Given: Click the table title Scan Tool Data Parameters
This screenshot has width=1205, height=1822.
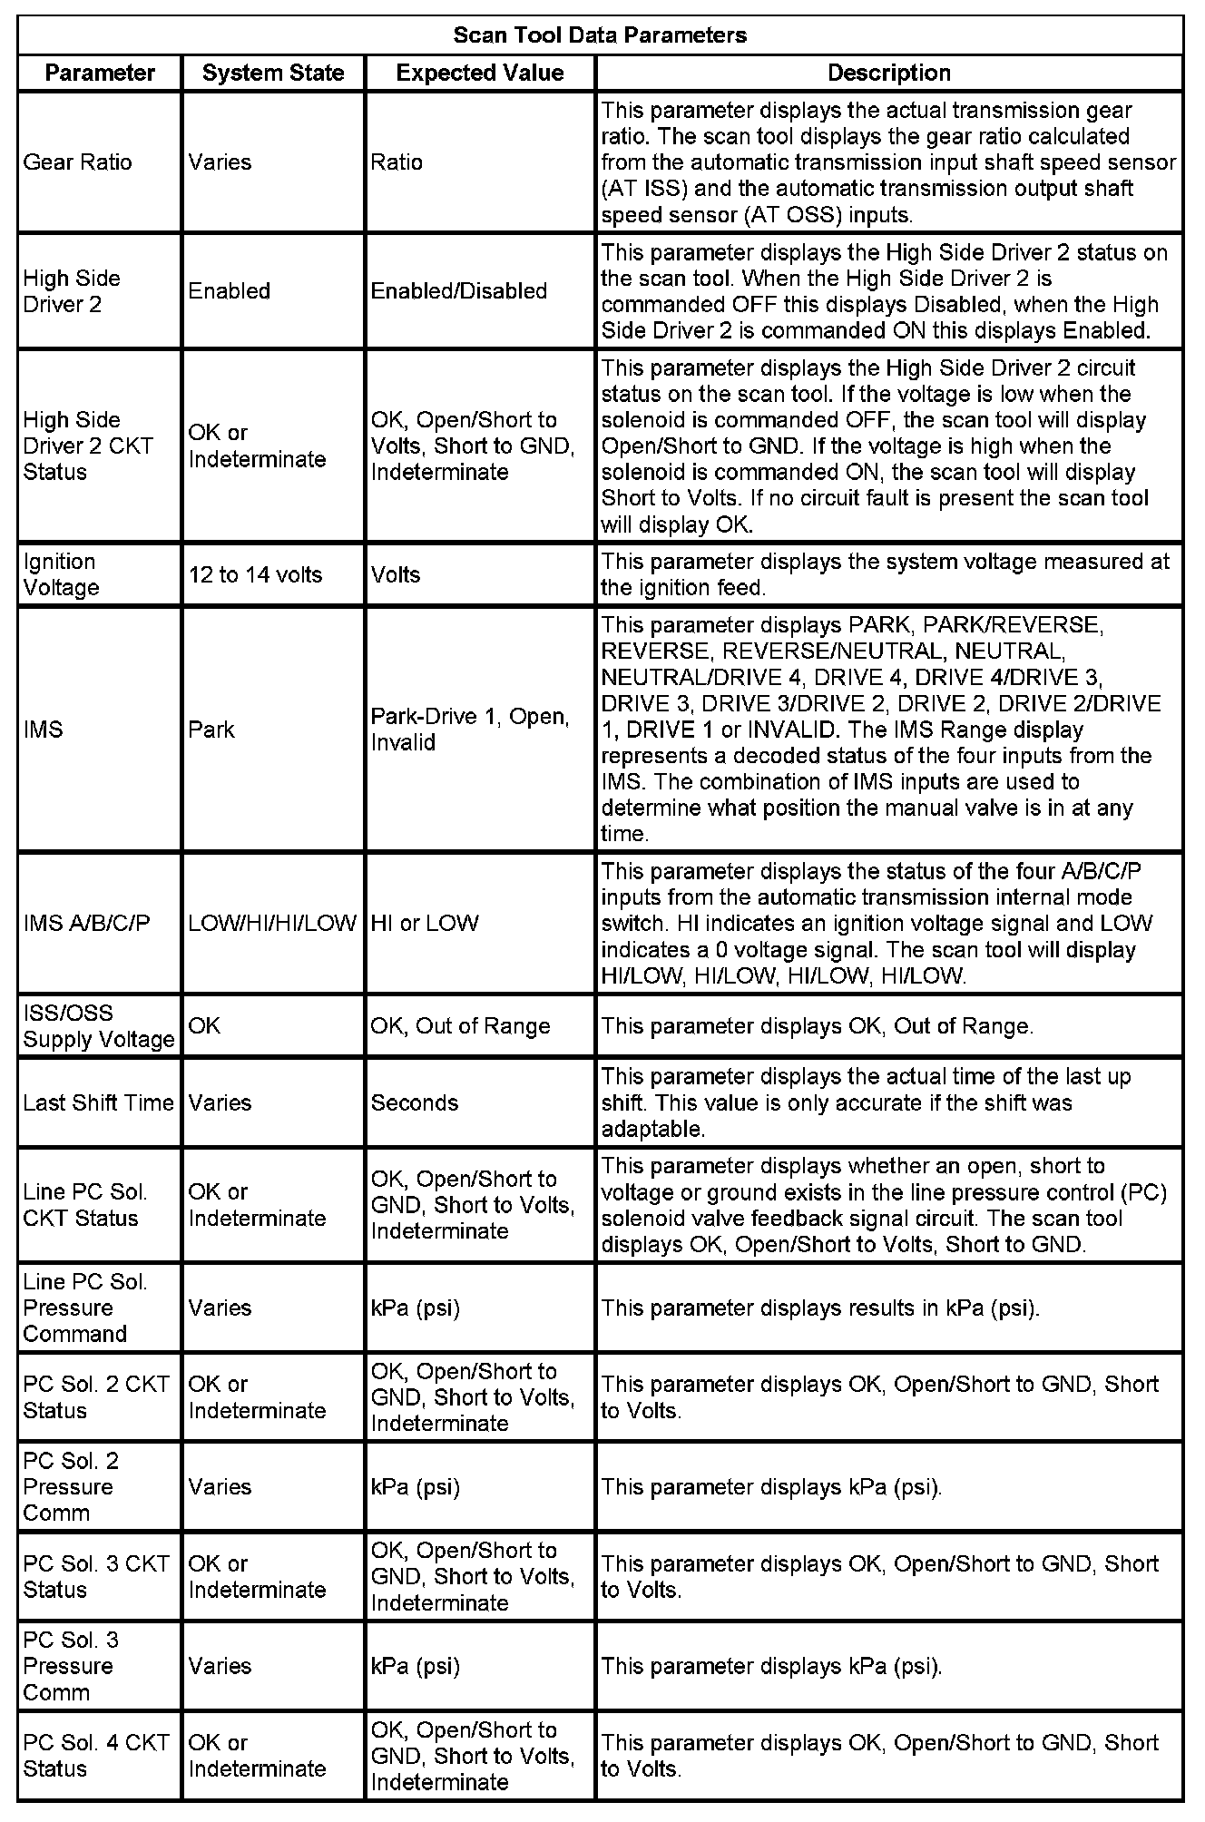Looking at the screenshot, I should (x=600, y=35).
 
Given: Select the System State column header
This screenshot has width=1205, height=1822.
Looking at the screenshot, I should (x=273, y=73).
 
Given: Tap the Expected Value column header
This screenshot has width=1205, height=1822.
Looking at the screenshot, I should (x=480, y=73).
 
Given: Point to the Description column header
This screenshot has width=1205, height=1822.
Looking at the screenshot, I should (x=889, y=73).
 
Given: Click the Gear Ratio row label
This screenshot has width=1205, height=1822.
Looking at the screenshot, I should (x=78, y=162).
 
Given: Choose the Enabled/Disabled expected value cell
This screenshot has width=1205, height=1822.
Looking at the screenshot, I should (x=459, y=291).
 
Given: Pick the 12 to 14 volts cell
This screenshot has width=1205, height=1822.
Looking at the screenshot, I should (x=256, y=574).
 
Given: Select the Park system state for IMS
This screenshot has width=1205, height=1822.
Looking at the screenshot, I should (x=211, y=730).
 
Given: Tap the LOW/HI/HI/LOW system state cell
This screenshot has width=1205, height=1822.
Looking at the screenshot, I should (x=272, y=923).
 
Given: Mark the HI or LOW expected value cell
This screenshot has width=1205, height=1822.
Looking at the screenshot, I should (x=425, y=923).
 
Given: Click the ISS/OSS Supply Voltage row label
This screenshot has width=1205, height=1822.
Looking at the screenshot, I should (x=99, y=1026).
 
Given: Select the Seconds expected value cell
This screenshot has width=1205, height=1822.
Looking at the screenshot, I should (x=415, y=1102).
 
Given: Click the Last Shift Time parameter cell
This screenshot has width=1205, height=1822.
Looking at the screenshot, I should (x=98, y=1102).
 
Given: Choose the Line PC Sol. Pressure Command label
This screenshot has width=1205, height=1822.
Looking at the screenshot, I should (x=85, y=1308).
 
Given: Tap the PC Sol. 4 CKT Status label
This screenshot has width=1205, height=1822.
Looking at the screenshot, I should (x=96, y=1755).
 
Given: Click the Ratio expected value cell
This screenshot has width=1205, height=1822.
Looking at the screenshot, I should (x=397, y=162).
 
